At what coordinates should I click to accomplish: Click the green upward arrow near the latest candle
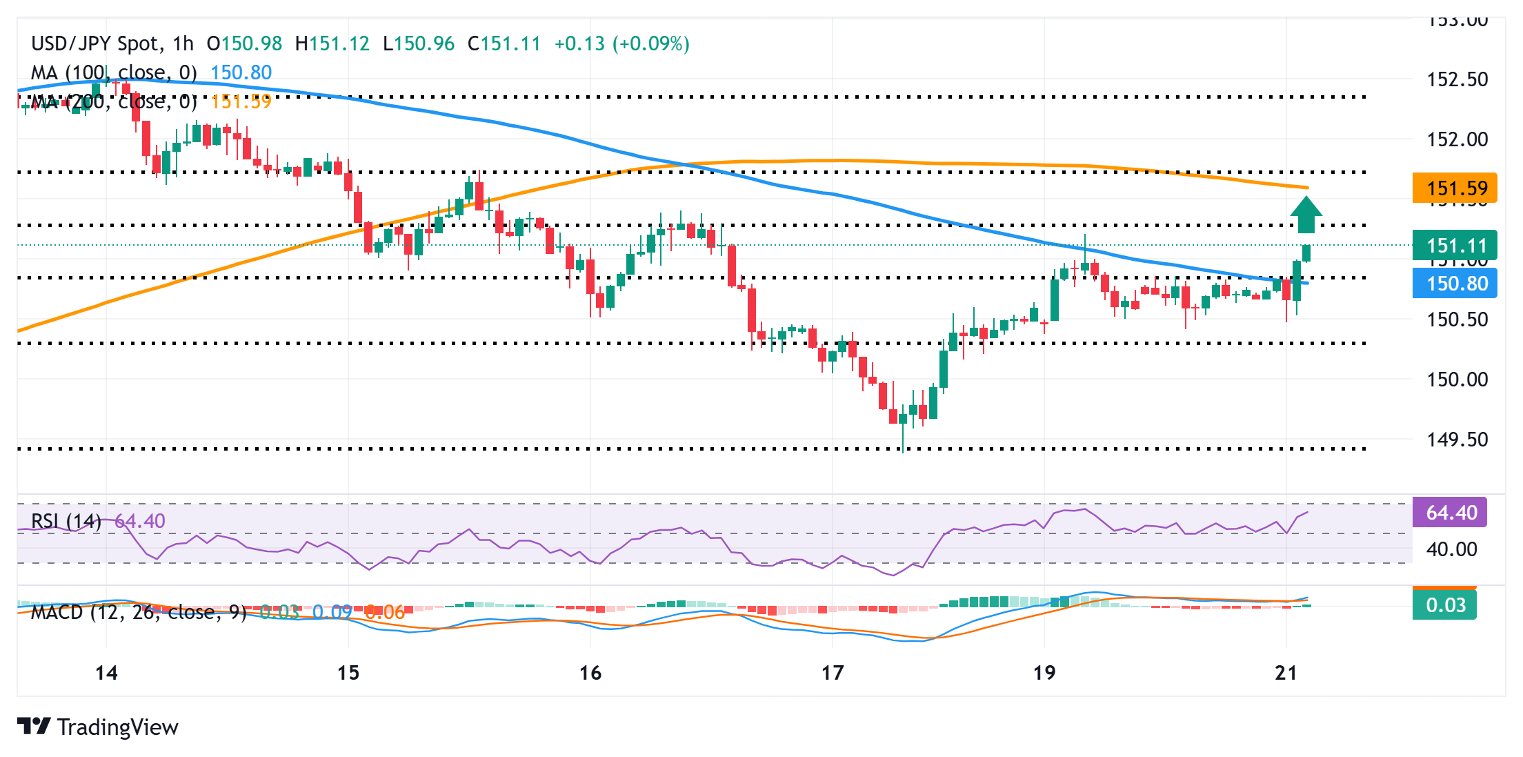click(x=1306, y=215)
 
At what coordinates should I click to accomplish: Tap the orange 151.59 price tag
click(x=1455, y=188)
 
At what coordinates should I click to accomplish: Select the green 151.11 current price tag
click(x=1455, y=246)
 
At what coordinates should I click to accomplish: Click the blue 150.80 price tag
click(x=1455, y=283)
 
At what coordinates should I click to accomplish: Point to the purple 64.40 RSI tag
click(x=1450, y=513)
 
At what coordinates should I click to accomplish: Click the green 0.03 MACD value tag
click(x=1444, y=605)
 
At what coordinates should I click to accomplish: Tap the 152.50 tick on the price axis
click(x=1457, y=79)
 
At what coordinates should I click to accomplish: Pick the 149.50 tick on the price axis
click(x=1457, y=440)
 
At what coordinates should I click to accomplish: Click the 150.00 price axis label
click(x=1457, y=380)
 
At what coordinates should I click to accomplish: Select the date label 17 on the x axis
click(x=833, y=673)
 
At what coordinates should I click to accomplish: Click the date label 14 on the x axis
click(x=106, y=673)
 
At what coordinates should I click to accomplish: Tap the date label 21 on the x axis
click(x=1286, y=673)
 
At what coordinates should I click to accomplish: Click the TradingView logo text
click(x=117, y=727)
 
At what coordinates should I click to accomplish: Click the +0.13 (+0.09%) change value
click(x=621, y=43)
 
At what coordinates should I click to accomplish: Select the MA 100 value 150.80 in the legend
click(x=241, y=72)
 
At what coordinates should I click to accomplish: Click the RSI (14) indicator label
click(x=66, y=521)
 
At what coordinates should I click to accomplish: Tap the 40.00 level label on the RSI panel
click(x=1451, y=549)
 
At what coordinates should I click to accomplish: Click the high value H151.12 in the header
click(x=332, y=43)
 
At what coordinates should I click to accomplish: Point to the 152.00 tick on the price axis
click(x=1457, y=139)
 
